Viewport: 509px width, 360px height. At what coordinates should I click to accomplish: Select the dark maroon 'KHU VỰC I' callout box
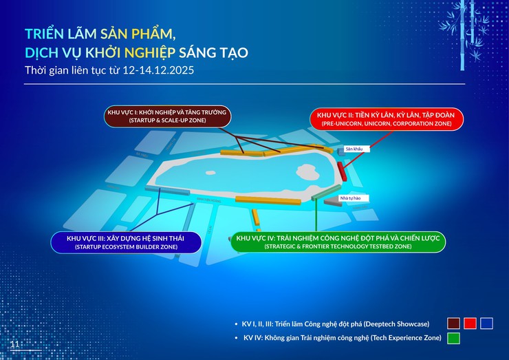coord(166,116)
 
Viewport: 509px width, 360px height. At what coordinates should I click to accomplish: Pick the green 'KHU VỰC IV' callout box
coord(337,242)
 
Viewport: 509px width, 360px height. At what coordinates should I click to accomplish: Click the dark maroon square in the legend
coord(453,323)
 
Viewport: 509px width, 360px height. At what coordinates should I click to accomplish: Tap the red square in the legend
coord(470,323)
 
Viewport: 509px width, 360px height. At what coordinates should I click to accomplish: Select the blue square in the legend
coord(487,323)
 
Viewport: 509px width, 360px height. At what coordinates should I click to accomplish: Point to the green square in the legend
coord(453,338)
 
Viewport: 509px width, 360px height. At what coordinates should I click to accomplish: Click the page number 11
coord(14,343)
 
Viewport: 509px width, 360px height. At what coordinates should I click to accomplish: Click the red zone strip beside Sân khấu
coord(343,168)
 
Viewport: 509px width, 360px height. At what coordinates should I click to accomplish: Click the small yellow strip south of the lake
coord(257,218)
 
